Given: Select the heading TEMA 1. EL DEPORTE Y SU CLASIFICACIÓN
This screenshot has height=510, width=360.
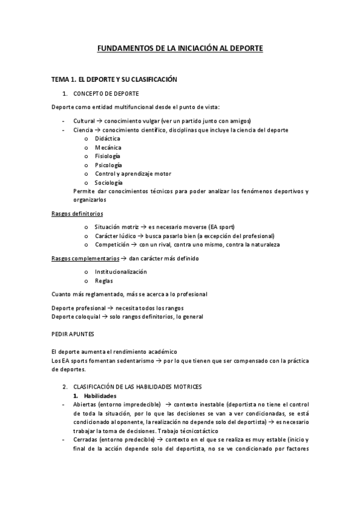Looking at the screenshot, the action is (114, 79).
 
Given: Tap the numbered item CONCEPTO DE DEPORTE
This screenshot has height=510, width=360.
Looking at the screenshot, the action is (106, 94).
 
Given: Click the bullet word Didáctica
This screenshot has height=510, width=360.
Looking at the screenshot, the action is (108, 138).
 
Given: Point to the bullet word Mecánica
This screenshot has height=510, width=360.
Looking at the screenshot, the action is (108, 147).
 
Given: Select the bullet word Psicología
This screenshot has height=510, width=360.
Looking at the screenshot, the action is (108, 165).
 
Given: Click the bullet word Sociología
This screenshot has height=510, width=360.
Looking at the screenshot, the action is (109, 182).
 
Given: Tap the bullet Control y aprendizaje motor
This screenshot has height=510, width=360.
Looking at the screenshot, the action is (133, 174).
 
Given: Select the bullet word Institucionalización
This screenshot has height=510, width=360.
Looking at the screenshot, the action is (121, 272).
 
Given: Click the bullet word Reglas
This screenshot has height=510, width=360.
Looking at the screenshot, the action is (103, 281).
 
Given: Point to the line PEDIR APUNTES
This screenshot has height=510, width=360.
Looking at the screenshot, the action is (73, 331).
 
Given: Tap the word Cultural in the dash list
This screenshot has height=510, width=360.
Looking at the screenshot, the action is (84, 121).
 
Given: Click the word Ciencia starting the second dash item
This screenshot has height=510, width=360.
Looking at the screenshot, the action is (84, 130).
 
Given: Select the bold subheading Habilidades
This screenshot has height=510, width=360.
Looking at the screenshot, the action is (100, 396).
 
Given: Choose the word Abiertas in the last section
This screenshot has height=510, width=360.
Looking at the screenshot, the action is (85, 405).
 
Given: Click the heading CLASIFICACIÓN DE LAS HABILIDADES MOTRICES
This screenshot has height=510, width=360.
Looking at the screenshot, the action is (138, 387).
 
